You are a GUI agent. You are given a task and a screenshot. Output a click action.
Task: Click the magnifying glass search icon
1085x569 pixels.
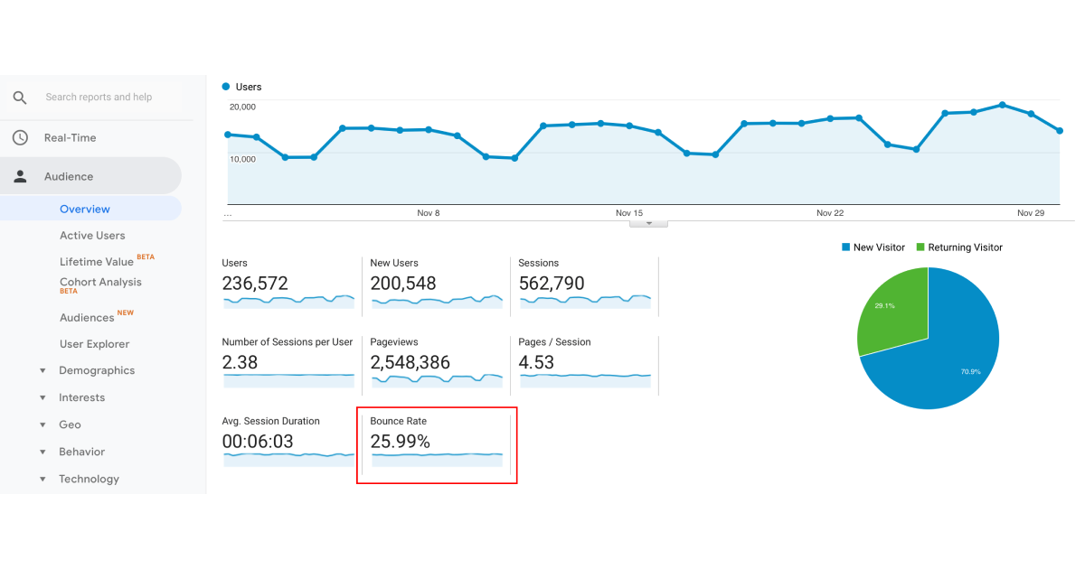[x=20, y=98]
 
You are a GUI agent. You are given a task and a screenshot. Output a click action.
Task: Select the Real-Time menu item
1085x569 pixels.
[x=70, y=138]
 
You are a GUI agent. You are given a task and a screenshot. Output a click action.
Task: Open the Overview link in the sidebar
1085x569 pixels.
[x=85, y=209]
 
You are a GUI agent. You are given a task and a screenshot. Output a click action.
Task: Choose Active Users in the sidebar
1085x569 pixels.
[x=92, y=236]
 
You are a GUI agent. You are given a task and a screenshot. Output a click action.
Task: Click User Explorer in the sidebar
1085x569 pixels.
[x=95, y=344]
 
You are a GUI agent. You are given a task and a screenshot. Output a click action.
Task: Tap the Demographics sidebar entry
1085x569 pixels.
[x=97, y=370]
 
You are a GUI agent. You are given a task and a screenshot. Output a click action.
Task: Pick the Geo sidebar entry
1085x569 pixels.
[x=70, y=424]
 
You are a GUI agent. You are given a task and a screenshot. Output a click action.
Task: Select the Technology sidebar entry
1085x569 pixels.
[x=89, y=479]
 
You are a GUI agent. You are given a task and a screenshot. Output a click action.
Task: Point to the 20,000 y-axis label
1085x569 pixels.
[x=242, y=107]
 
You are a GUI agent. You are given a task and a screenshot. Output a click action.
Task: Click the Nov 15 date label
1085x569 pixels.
[x=629, y=213]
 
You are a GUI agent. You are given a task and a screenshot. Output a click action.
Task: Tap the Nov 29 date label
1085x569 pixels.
[x=1031, y=213]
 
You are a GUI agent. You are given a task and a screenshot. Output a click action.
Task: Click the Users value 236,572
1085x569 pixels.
[x=255, y=284]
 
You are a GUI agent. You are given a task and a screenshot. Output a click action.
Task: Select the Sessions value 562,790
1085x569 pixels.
[x=552, y=284]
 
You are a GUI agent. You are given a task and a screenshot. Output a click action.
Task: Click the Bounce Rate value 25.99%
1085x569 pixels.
[x=400, y=442]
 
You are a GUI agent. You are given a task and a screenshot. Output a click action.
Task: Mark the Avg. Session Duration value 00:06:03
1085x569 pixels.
[x=258, y=442]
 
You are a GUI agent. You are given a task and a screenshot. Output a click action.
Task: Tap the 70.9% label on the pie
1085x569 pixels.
[x=971, y=371]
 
